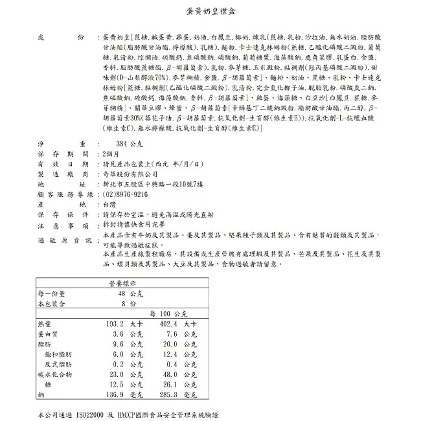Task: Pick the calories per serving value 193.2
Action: [114, 323]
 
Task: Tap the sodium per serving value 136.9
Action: [114, 394]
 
